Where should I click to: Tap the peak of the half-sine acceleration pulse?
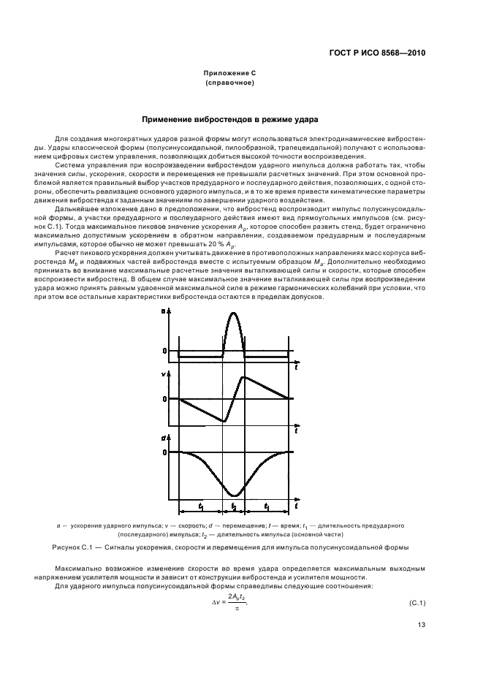tap(234, 313)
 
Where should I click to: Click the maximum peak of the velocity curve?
tap(246, 376)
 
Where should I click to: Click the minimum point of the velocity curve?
tap(223, 422)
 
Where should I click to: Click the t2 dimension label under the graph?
tap(234, 506)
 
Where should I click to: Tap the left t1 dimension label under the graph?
tap(200, 506)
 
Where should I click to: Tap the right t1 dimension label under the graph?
tap(268, 506)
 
